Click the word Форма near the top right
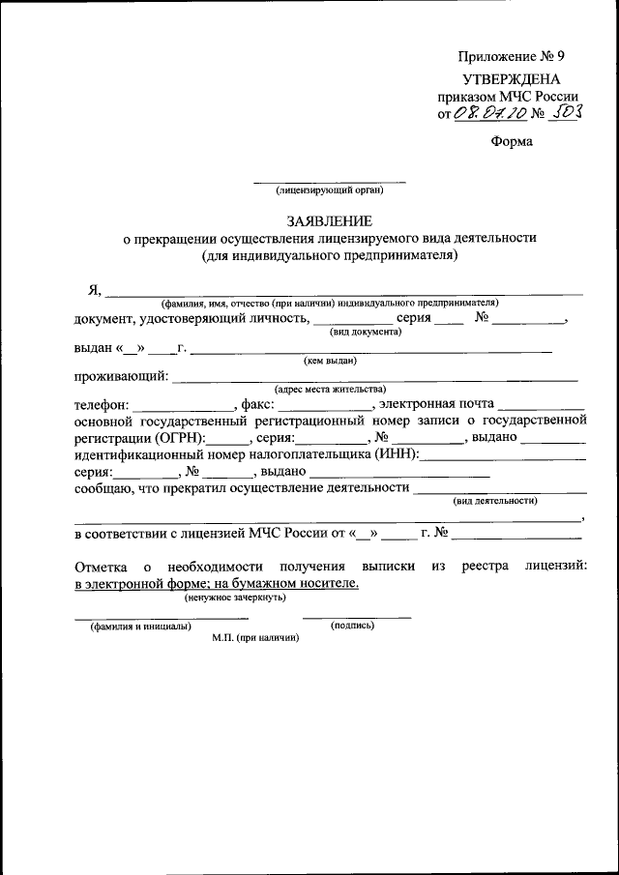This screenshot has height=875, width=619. (x=512, y=141)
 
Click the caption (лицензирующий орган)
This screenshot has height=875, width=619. (x=330, y=190)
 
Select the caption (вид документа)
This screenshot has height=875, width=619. (x=366, y=331)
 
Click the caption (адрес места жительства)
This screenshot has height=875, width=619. (x=331, y=390)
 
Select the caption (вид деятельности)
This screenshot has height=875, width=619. (x=494, y=500)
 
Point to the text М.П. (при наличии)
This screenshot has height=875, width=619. (x=256, y=638)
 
